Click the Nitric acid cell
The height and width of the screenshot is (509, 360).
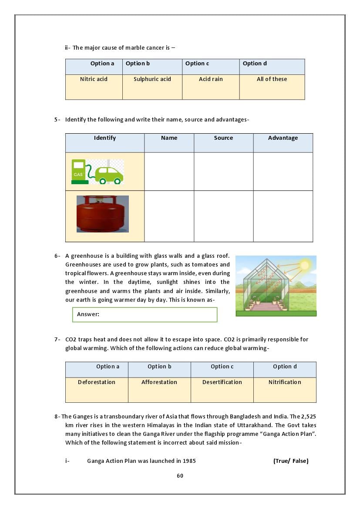(x=94, y=79)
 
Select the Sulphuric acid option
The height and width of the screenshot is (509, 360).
(x=152, y=79)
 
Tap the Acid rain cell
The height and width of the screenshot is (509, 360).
(x=211, y=79)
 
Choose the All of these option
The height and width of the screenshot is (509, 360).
(x=272, y=79)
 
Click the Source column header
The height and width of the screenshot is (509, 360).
(x=223, y=138)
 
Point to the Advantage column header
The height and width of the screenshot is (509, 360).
(x=283, y=138)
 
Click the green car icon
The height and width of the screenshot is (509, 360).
(x=109, y=175)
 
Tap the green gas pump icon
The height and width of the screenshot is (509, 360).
(x=78, y=172)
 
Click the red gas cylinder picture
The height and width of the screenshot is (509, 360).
(x=103, y=214)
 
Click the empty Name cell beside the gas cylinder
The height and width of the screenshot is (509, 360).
(x=169, y=216)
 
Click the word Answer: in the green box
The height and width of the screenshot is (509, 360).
(x=88, y=314)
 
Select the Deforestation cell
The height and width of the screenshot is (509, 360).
(x=97, y=382)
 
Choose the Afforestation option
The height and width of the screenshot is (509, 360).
(x=159, y=382)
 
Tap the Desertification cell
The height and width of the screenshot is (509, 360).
(x=222, y=382)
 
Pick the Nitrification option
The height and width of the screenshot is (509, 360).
(x=285, y=382)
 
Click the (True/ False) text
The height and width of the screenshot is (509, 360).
(x=291, y=461)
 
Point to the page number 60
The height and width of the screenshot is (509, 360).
(x=180, y=476)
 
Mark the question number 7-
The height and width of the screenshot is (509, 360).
(x=57, y=340)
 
